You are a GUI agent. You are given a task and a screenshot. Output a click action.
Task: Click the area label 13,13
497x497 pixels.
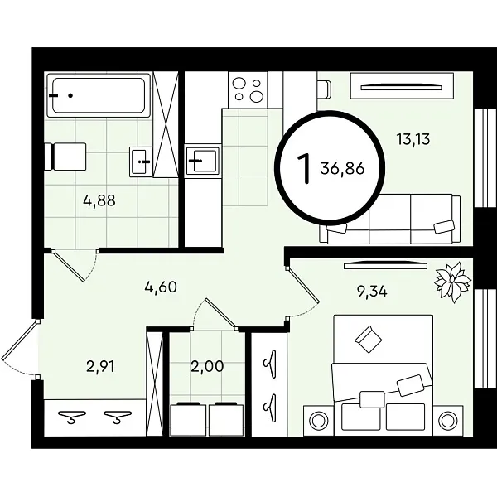click(413, 139)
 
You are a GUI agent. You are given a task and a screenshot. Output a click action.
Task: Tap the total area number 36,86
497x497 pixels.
click(342, 168)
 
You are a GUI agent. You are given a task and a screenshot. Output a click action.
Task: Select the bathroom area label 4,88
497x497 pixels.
click(99, 200)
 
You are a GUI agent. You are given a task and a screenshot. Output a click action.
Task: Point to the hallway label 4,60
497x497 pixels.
click(161, 287)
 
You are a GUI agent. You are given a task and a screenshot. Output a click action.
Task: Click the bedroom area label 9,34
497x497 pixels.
click(372, 291)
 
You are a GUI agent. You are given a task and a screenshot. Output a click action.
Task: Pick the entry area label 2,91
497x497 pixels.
click(100, 367)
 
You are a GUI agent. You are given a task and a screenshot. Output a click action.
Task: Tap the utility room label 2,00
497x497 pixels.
click(207, 366)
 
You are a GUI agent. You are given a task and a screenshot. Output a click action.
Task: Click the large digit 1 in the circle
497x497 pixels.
click(303, 168)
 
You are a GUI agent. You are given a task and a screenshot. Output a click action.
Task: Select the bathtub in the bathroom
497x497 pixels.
click(99, 95)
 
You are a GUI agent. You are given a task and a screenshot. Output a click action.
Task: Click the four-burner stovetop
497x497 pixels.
click(248, 90)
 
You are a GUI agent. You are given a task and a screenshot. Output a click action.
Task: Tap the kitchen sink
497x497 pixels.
click(203, 161)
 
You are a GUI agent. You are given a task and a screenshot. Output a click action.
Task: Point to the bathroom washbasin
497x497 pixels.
click(141, 162)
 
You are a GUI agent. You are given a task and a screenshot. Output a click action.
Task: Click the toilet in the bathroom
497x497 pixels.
click(65, 157)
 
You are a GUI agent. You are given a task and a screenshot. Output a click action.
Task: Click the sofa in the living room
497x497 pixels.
click(390, 219)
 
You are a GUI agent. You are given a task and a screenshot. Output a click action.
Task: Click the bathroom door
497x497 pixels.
click(69, 266)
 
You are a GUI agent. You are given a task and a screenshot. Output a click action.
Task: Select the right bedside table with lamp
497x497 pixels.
click(447, 420)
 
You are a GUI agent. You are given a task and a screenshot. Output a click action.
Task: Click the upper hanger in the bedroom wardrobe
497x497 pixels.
click(270, 364)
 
